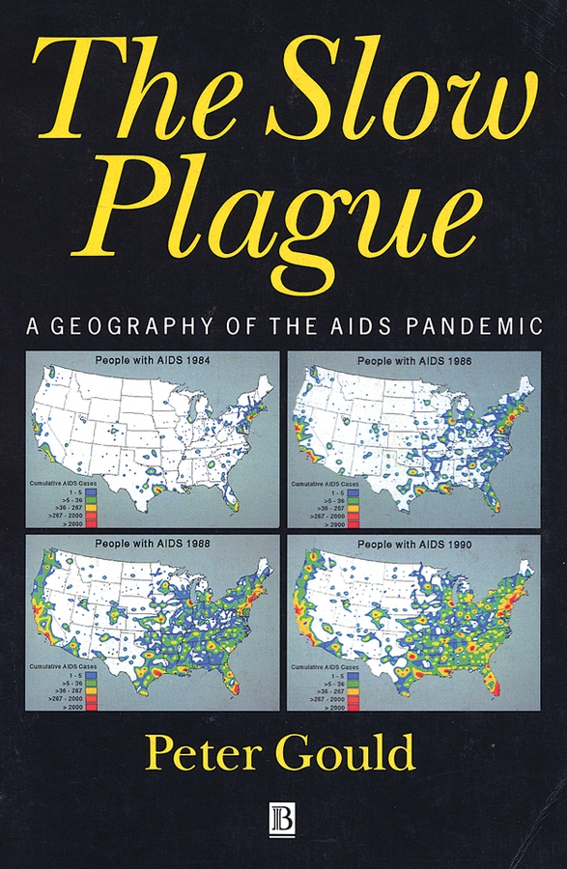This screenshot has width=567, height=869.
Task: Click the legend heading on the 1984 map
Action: [x=70, y=481]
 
